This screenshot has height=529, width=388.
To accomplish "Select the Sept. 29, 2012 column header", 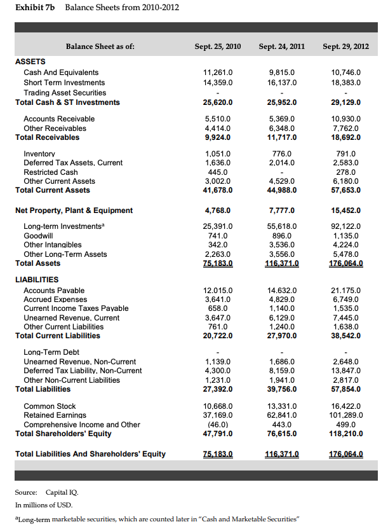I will coord(345,46).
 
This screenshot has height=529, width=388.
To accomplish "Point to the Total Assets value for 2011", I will coord(281,263).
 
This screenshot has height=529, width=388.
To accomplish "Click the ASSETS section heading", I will coord(30,62).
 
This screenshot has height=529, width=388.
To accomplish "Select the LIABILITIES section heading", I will coord(37,279).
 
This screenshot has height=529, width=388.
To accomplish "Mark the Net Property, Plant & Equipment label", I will coord(74,210).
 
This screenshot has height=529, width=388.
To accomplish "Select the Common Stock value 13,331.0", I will coord(281,406).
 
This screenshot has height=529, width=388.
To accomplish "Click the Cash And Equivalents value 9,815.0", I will coord(281,72).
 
